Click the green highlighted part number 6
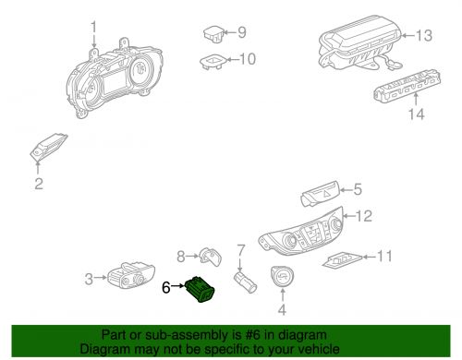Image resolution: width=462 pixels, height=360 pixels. [200, 289]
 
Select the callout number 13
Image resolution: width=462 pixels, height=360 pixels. [424, 36]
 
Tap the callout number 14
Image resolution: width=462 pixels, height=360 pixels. [416, 114]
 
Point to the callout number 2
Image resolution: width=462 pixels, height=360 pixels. [39, 184]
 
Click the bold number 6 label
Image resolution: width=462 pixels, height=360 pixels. [166, 288]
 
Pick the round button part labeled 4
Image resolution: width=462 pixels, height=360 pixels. [282, 276]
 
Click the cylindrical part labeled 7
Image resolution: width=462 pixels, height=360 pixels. [245, 282]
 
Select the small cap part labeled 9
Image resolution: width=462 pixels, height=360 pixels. [214, 33]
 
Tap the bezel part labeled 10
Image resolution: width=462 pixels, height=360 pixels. [213, 62]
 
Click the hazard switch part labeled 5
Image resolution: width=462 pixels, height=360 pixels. [321, 194]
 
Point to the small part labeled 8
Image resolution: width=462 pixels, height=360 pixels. [211, 257]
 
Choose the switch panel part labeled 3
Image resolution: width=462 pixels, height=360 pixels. [131, 275]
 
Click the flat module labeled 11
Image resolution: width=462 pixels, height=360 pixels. [343, 260]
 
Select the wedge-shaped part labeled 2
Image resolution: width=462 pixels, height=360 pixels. [48, 147]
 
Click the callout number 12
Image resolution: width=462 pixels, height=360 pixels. [364, 216]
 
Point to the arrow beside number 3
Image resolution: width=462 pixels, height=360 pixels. [101, 278]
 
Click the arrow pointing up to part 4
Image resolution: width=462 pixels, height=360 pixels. [283, 294]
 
